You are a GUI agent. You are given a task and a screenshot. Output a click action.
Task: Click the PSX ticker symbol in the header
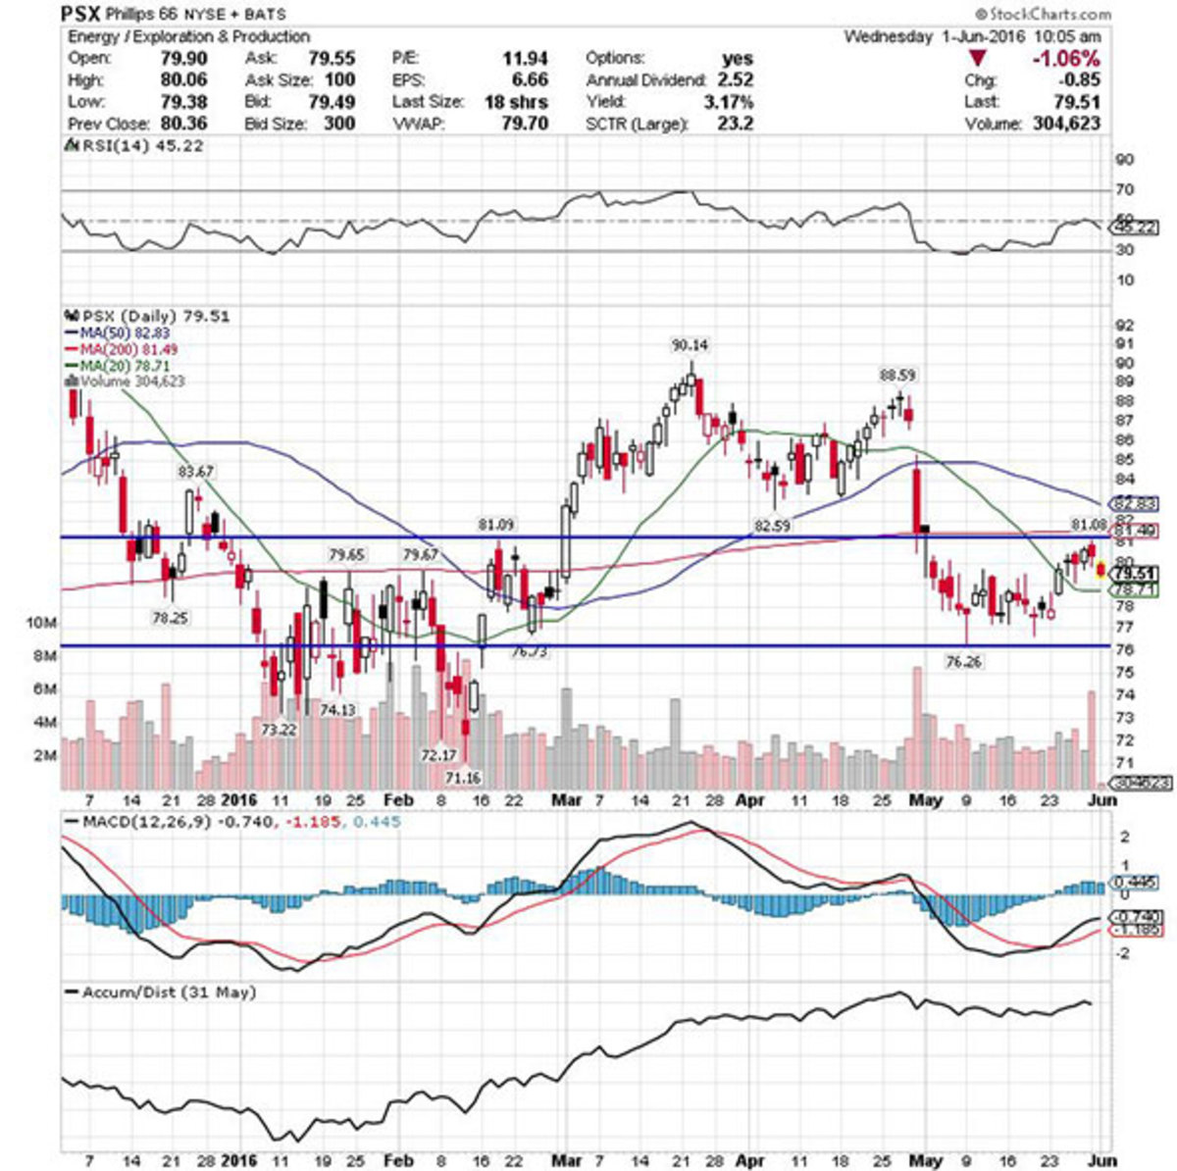(x=79, y=14)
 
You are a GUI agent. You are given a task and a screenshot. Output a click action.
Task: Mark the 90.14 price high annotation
(x=690, y=345)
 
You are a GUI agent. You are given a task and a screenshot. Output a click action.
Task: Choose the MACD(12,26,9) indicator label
(x=141, y=820)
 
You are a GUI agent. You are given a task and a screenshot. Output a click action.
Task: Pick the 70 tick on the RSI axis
(x=1124, y=189)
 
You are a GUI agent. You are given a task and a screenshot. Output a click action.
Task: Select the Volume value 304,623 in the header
(x=1063, y=125)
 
